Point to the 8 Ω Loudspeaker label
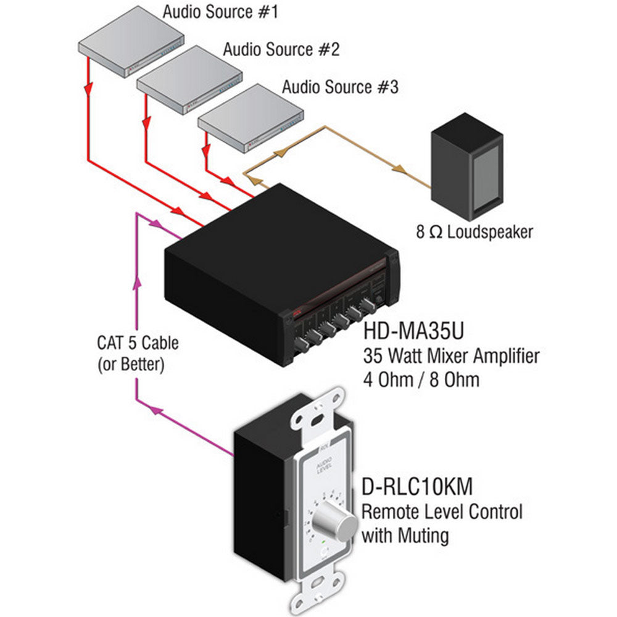click(x=474, y=233)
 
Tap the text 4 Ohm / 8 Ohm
click(x=421, y=379)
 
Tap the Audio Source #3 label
click(x=340, y=87)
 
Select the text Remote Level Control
click(x=441, y=511)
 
